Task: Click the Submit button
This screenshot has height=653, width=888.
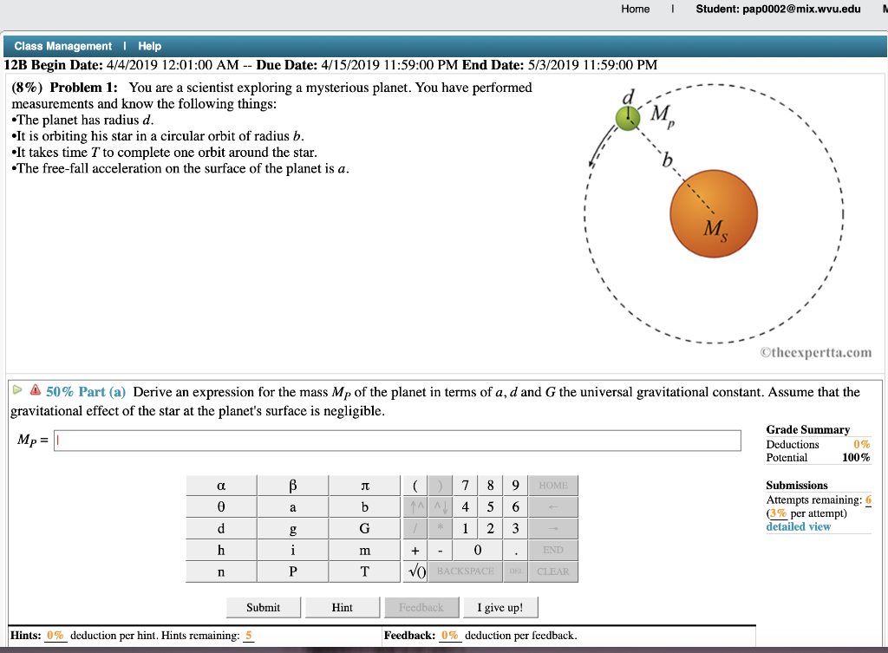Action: click(x=263, y=607)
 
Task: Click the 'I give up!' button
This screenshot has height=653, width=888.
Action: click(x=499, y=607)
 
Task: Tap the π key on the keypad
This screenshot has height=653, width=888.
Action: click(x=364, y=486)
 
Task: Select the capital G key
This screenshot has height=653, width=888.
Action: click(x=364, y=528)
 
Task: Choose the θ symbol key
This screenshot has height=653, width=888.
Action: click(x=222, y=507)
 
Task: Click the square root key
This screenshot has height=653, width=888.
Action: click(x=415, y=571)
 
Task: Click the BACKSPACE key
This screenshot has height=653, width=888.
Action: click(x=466, y=571)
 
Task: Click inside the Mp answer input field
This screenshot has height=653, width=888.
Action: click(x=399, y=441)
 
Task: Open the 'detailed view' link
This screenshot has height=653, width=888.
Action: click(x=798, y=526)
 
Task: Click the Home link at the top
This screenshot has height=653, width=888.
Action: click(x=635, y=9)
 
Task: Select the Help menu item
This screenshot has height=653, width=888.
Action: click(x=149, y=46)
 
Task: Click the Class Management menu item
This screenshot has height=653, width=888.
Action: click(x=63, y=46)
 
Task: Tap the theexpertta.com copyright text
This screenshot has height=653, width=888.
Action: click(x=815, y=352)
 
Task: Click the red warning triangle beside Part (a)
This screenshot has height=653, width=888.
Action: click(x=36, y=392)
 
